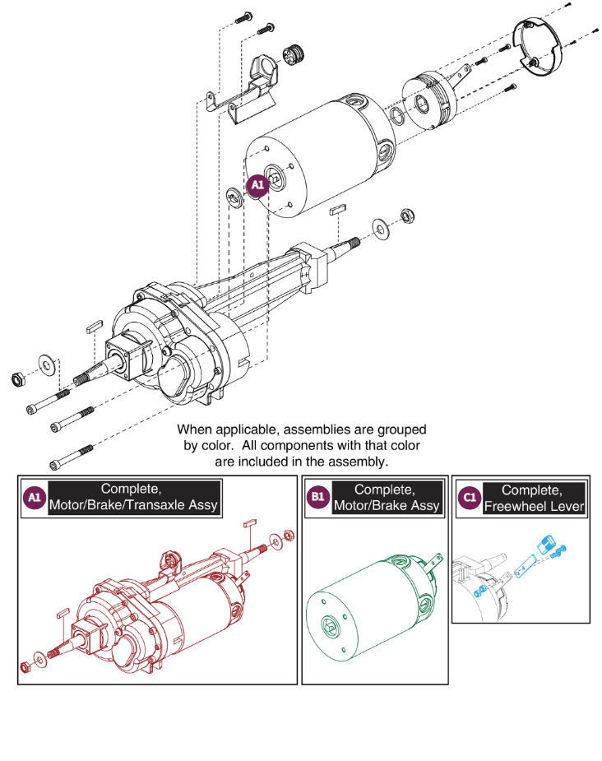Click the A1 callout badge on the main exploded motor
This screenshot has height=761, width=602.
(x=257, y=187)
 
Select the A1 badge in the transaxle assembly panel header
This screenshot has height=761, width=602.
(x=34, y=498)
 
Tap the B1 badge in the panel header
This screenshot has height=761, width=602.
(x=317, y=498)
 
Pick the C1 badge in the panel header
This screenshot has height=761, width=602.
(x=470, y=498)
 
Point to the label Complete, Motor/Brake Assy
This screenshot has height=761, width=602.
(x=387, y=497)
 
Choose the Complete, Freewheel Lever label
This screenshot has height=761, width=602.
(x=535, y=498)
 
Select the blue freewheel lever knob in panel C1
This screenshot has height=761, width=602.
(x=545, y=545)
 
